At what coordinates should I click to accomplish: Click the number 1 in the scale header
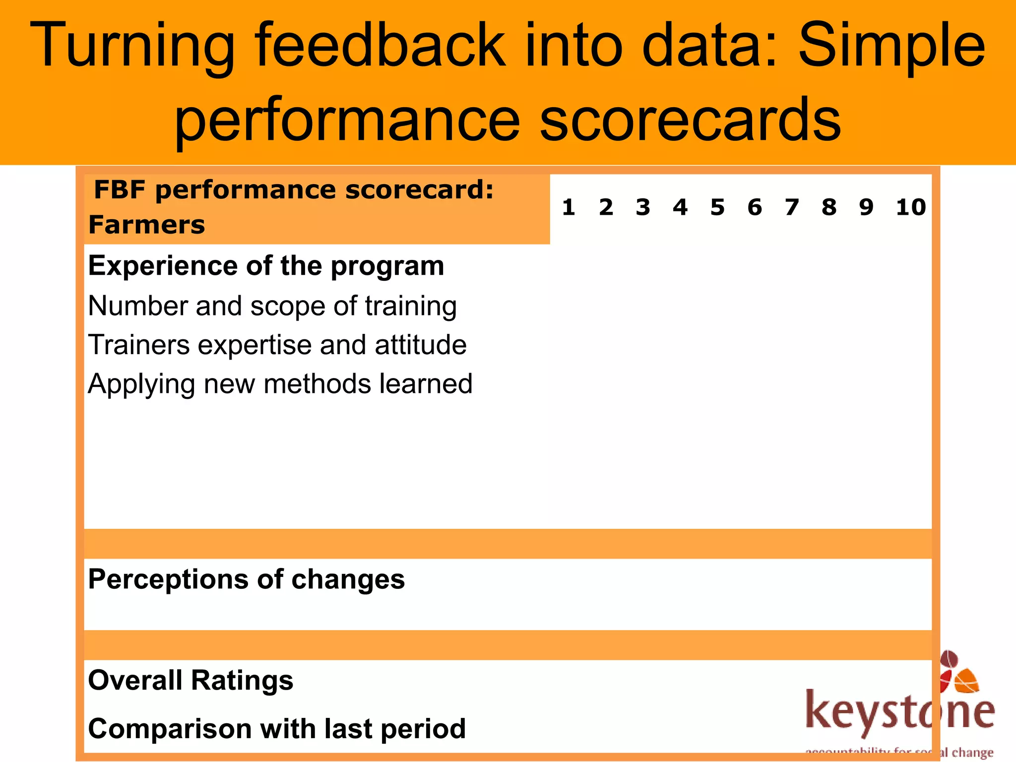569,207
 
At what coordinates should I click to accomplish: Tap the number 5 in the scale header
717,207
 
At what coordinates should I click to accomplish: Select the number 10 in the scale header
911,207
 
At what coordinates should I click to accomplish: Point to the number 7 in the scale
792,207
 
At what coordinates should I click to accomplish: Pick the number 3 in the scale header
643,207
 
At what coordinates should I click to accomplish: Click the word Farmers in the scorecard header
147,225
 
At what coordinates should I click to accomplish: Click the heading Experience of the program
266,266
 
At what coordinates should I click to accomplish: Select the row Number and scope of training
272,306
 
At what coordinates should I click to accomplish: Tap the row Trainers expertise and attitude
277,345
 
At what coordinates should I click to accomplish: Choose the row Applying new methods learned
280,384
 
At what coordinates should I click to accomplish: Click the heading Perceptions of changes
247,579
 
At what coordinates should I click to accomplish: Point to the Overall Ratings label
190,680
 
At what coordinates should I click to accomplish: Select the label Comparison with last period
277,729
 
